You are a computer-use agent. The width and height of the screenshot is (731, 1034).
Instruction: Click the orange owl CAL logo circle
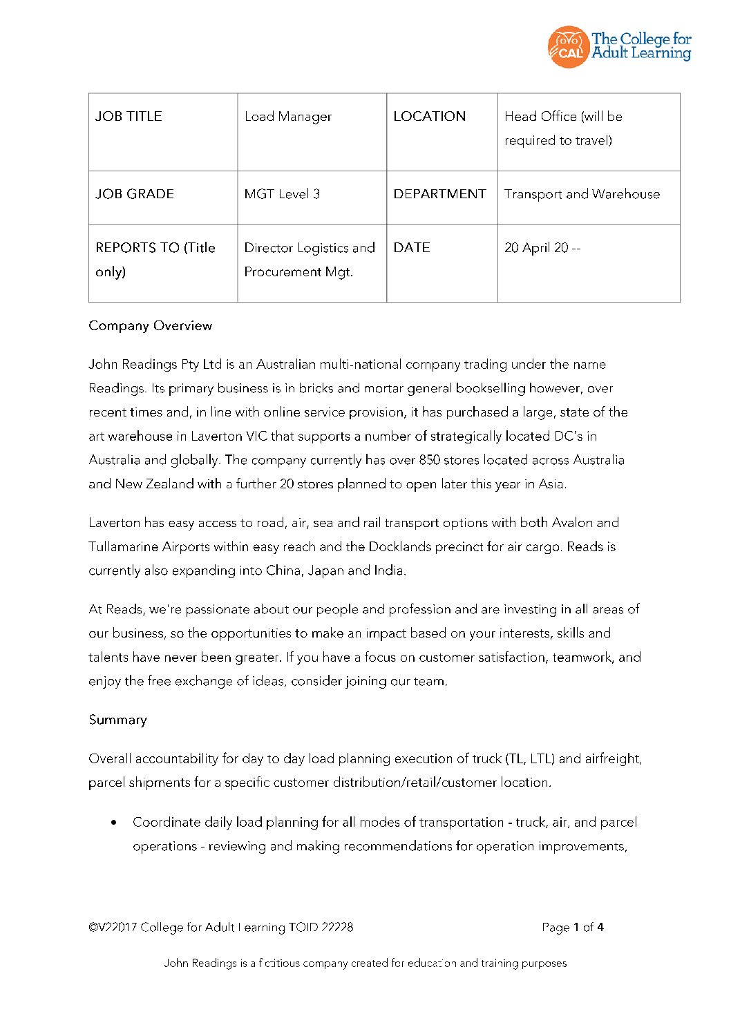[567, 47]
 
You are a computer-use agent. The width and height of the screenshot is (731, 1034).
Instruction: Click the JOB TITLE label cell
[129, 116]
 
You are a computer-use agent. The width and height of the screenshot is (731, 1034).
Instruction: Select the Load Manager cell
[288, 117]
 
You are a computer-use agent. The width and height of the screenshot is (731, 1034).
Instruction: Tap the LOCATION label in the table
[429, 116]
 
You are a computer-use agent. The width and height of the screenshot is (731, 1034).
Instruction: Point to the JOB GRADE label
[135, 194]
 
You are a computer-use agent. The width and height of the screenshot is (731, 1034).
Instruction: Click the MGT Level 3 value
[282, 194]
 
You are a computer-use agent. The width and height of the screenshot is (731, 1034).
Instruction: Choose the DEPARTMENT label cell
[439, 194]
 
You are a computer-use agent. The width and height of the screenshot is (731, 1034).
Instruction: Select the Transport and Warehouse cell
[582, 194]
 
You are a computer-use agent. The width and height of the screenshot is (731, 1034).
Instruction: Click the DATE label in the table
[412, 247]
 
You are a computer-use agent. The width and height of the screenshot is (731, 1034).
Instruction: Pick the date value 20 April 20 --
[542, 248]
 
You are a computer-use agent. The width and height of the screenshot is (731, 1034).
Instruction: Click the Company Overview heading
[150, 325]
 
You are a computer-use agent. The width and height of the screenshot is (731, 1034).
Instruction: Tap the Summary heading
[117, 720]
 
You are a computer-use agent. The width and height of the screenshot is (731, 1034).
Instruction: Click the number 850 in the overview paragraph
[429, 460]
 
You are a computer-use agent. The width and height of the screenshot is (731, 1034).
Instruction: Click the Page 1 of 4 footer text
[572, 927]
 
